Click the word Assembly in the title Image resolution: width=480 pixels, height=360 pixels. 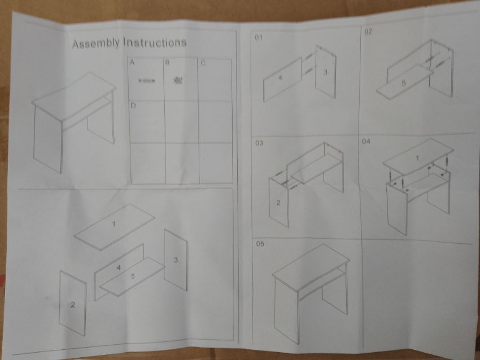[x=96, y=43]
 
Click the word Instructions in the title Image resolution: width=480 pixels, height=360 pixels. [x=155, y=42]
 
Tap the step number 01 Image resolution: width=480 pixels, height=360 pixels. [x=259, y=37]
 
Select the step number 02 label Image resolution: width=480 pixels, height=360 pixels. [x=368, y=32]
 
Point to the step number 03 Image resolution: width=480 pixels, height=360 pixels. [x=259, y=143]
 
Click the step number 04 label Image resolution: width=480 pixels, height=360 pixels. [x=366, y=141]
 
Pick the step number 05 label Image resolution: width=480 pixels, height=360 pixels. [x=260, y=244]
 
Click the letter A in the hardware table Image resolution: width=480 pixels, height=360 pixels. [x=132, y=63]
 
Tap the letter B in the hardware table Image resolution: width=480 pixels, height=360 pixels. [x=168, y=63]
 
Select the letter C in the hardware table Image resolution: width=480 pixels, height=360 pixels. [x=203, y=63]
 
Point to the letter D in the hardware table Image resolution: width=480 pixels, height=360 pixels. [x=133, y=106]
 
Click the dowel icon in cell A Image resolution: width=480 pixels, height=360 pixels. [x=147, y=81]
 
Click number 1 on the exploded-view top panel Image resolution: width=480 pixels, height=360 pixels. [x=114, y=224]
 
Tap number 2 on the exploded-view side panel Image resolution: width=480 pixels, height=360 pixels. [x=72, y=305]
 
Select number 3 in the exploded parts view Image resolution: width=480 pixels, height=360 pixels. [x=176, y=260]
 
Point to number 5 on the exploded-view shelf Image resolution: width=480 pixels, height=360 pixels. [x=133, y=276]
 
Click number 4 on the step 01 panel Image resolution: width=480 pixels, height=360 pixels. [x=280, y=78]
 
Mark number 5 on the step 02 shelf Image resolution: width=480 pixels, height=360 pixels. [x=404, y=83]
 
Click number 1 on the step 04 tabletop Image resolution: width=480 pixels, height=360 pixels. [x=417, y=158]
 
